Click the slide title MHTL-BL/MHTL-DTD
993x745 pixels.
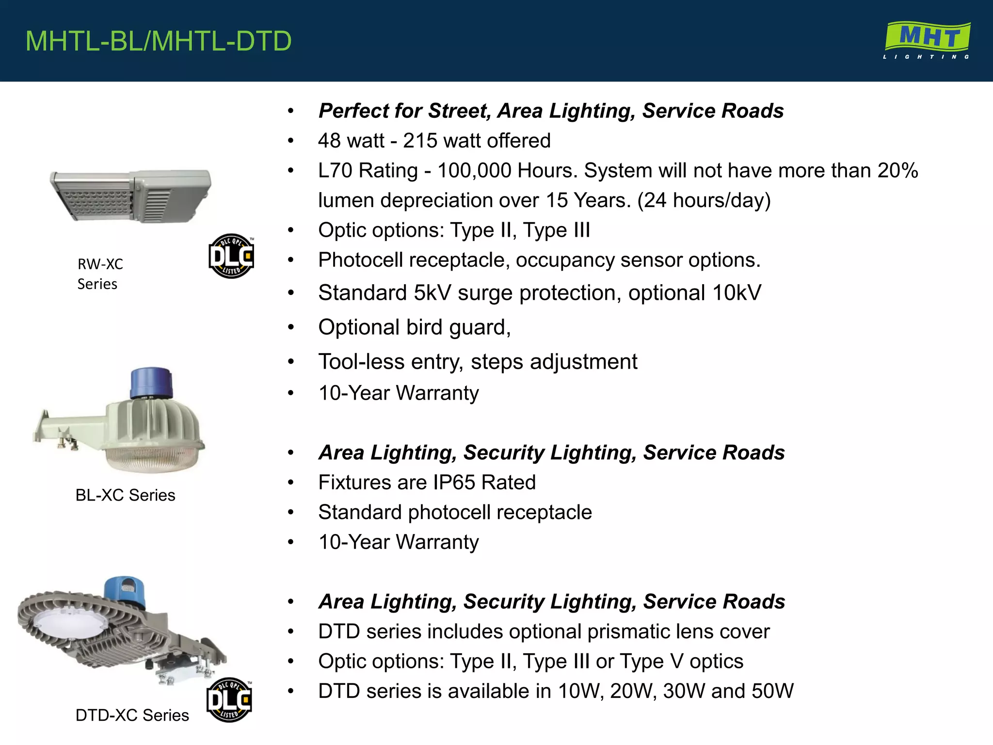159,41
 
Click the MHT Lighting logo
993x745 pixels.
927,40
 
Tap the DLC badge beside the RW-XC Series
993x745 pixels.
231,256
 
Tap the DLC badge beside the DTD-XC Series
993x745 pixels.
229,700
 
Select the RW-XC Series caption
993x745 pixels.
100,274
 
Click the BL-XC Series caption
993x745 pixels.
125,495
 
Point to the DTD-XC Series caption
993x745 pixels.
132,715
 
